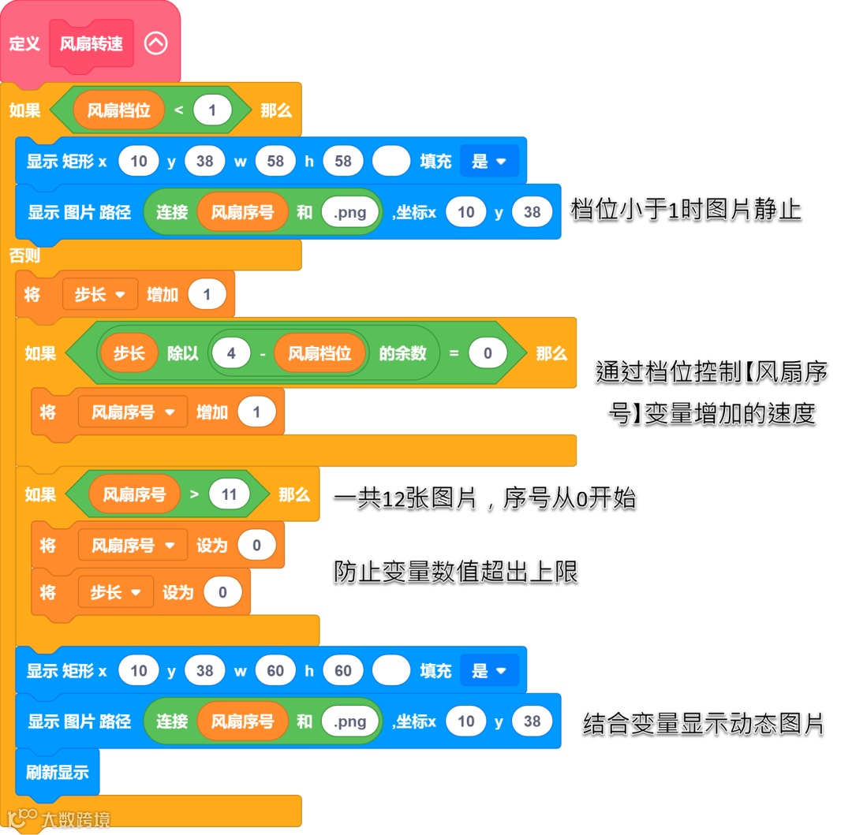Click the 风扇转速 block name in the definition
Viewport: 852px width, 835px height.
click(92, 43)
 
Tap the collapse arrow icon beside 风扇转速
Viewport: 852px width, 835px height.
click(156, 43)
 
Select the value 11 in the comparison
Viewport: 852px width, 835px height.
click(229, 494)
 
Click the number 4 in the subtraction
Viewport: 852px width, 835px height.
click(231, 353)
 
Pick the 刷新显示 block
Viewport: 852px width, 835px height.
click(58, 772)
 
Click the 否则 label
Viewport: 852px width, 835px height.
click(24, 255)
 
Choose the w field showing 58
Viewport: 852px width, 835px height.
click(275, 162)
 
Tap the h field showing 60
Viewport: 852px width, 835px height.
click(343, 671)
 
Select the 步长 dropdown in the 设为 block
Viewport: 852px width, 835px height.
click(115, 592)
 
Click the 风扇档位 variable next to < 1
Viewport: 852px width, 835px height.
click(118, 110)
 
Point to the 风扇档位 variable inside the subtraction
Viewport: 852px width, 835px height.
click(319, 353)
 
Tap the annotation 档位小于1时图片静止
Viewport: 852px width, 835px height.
click(686, 211)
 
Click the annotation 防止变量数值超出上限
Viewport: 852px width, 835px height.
click(455, 572)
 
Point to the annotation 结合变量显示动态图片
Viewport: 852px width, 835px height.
click(703, 723)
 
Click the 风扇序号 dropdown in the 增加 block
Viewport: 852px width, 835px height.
click(133, 412)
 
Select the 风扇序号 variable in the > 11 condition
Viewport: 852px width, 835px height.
click(134, 494)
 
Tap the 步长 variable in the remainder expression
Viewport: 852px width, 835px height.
click(129, 353)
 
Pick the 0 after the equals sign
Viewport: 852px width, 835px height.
click(488, 353)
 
